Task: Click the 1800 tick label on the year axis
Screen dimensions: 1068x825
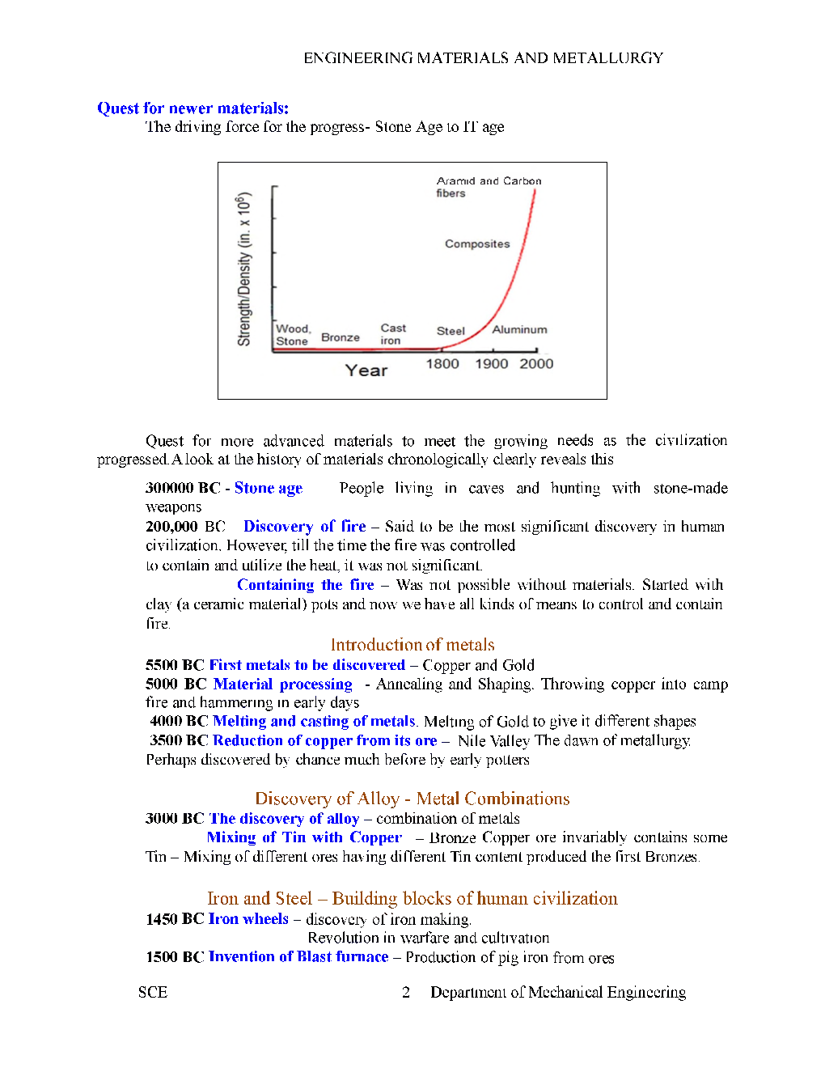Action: [442, 364]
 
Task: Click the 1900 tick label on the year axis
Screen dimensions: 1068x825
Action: [491, 364]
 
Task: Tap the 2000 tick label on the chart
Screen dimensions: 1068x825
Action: [536, 364]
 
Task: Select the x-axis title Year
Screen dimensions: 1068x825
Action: [366, 371]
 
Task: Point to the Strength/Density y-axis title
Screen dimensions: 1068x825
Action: [243, 269]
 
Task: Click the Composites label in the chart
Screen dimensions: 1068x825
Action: [477, 244]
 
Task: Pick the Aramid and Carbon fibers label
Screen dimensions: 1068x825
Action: [488, 187]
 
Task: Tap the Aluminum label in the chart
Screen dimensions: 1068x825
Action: [519, 329]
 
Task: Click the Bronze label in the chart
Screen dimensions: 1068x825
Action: [341, 337]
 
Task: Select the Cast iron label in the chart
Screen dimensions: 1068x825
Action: [393, 334]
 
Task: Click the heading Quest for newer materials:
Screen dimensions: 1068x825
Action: [192, 108]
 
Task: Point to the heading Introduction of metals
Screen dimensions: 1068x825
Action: [412, 645]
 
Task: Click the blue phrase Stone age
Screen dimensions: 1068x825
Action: [269, 488]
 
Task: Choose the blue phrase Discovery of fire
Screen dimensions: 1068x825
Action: [304, 527]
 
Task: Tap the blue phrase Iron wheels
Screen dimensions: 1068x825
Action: [248, 919]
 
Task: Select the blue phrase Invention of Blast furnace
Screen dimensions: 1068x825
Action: [298, 957]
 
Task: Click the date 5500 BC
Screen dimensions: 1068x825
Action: [174, 665]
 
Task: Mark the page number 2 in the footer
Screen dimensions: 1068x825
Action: [406, 993]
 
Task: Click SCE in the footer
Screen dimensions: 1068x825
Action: [153, 993]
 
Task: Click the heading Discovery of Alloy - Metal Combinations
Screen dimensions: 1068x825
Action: [412, 799]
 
